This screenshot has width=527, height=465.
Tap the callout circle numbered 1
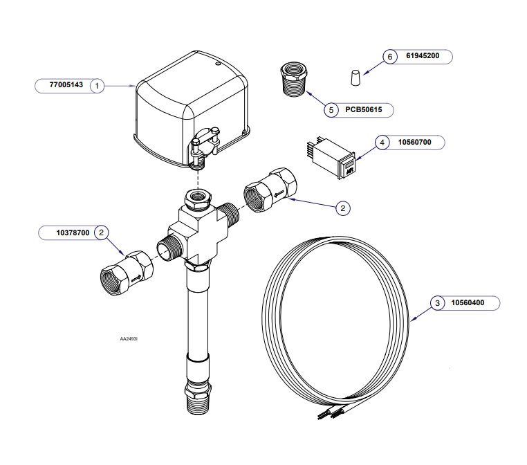[98, 86]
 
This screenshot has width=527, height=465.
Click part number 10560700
[414, 142]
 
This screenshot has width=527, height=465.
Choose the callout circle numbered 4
[382, 142]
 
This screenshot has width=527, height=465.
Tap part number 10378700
[73, 233]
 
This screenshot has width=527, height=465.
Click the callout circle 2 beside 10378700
[102, 233]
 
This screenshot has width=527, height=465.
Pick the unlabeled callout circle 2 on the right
[342, 208]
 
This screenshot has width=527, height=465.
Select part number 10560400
[468, 302]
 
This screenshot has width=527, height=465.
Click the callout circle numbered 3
[436, 302]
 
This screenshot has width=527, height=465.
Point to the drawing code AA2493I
[129, 340]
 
